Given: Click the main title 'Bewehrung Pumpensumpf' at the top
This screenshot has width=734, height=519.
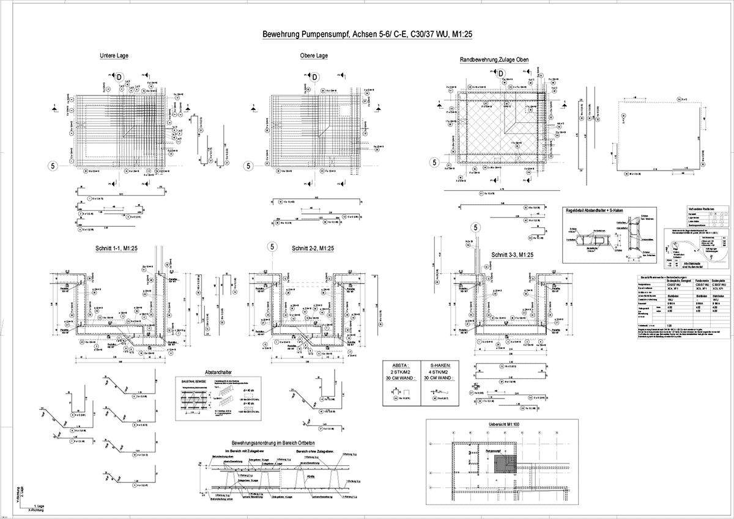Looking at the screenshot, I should tap(367, 35).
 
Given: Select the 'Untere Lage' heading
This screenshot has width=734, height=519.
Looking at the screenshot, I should tap(114, 56).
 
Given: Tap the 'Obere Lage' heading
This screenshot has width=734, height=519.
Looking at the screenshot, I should tap(314, 56).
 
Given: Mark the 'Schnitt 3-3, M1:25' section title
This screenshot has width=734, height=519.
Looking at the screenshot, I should tap(512, 255).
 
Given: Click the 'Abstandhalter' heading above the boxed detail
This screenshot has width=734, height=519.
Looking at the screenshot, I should tap(218, 372).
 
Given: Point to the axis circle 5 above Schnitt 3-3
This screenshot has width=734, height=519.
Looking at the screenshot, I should tap(474, 229).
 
